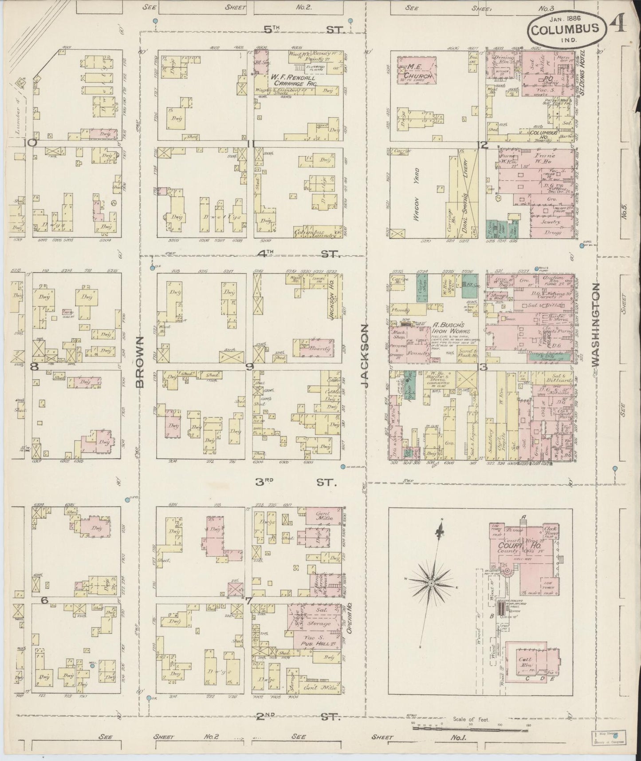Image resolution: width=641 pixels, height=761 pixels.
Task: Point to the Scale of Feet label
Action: click(471, 719)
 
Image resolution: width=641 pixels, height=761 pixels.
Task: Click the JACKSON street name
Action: click(366, 356)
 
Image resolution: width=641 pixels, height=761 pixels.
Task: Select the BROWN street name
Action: click(140, 362)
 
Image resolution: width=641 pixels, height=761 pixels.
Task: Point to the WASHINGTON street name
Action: click(596, 325)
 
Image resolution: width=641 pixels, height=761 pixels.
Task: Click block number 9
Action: click(250, 366)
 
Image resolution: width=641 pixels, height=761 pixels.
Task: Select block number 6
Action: click(44, 600)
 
